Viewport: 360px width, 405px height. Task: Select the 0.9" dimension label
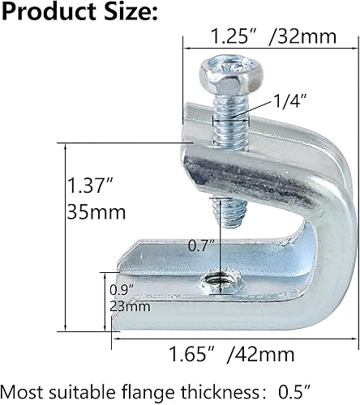(119, 289)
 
